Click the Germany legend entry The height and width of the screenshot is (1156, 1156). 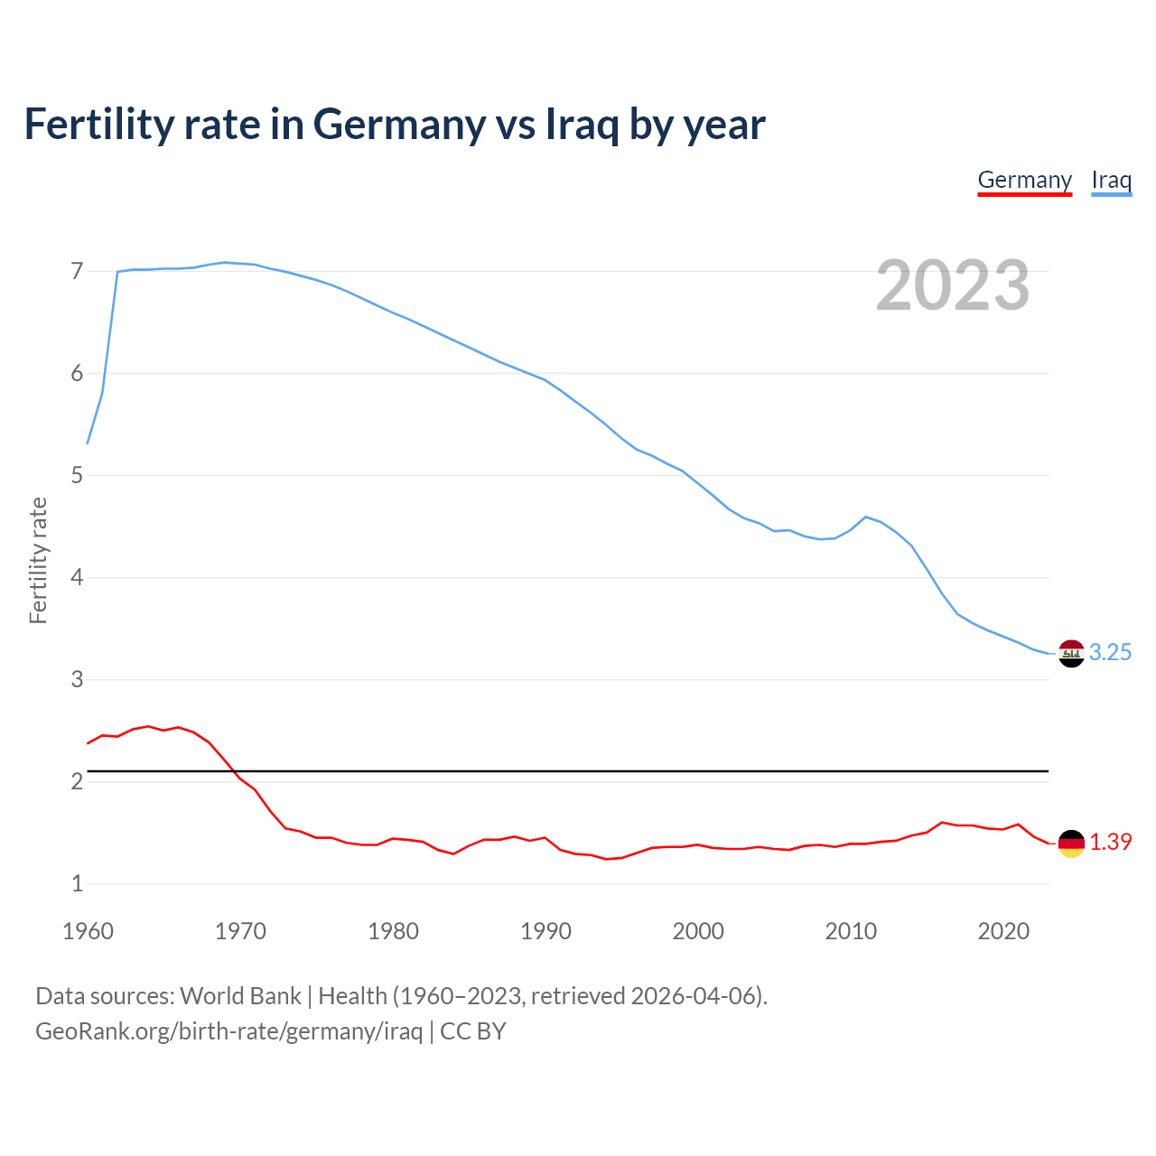[1024, 180]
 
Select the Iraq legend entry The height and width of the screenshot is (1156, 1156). [1111, 180]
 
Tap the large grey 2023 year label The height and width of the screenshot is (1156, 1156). [953, 285]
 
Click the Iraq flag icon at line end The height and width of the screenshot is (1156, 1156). [1071, 653]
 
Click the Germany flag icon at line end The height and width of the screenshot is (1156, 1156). [1071, 843]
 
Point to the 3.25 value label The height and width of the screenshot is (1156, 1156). [1110, 653]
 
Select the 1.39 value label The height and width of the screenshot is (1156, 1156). [1110, 843]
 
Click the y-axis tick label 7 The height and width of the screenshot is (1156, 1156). [77, 271]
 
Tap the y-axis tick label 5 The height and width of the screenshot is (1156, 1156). [77, 475]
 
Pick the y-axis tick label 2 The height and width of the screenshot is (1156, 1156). [77, 782]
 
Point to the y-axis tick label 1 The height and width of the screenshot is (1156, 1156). [77, 884]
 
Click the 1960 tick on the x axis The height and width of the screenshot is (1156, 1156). [88, 931]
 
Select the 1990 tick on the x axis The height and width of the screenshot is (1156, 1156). [545, 931]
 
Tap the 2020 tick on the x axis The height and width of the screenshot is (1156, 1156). [1003, 931]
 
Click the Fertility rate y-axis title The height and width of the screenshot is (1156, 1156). [38, 560]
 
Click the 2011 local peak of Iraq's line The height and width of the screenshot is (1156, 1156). [866, 517]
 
